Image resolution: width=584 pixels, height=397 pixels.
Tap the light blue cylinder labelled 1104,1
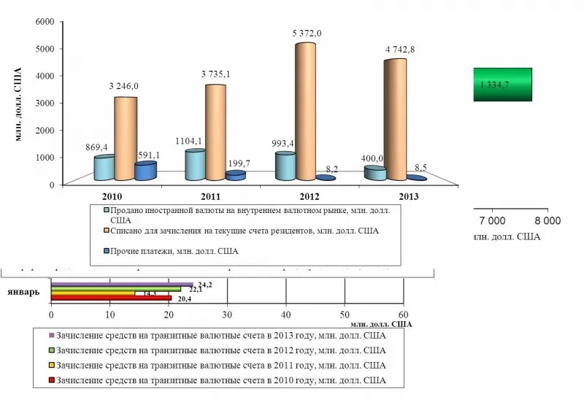pos(195,165)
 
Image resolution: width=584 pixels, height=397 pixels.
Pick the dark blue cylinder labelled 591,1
pos(145,171)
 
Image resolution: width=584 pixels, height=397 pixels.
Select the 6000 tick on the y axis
pos(46,22)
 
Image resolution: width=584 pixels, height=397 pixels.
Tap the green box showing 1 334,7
pos(503,84)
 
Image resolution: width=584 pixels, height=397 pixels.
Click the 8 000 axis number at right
pos(547,220)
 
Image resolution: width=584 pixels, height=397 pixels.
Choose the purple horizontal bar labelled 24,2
pos(121,284)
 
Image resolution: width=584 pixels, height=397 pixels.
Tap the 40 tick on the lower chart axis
pos(286,314)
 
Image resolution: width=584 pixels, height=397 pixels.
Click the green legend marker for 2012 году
pos(51,351)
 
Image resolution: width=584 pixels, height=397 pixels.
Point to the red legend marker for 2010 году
pos(51,380)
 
